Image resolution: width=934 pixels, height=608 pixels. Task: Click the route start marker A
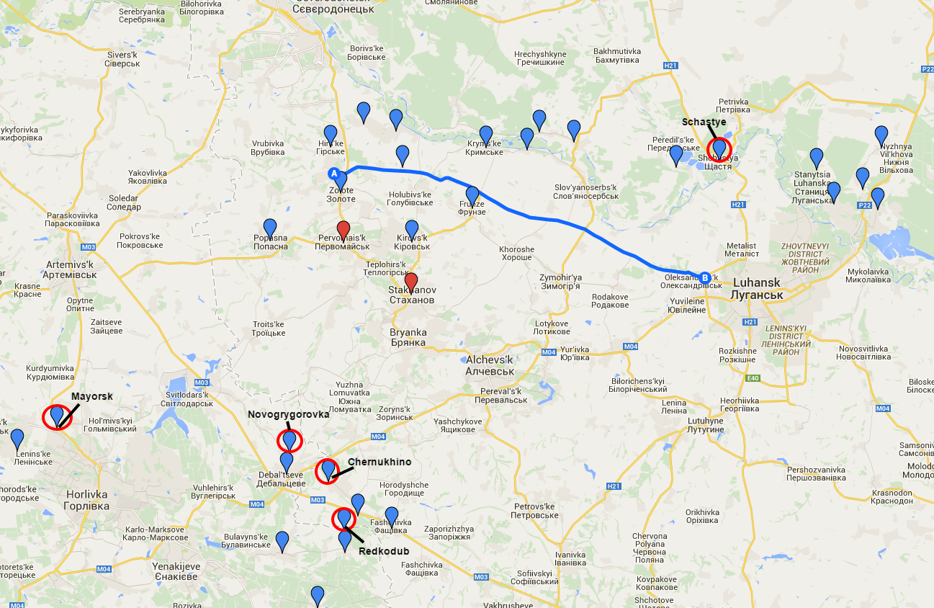tap(333, 173)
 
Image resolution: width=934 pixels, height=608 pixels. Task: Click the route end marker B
tap(705, 277)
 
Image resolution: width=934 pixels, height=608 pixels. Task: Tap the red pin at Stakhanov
tap(411, 282)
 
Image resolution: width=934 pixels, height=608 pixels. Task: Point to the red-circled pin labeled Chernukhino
tap(328, 470)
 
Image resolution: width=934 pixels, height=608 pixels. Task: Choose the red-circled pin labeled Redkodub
tap(344, 518)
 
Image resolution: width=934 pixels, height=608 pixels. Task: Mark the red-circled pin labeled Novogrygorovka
tap(289, 439)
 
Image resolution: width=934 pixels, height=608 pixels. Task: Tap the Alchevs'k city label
tap(490, 365)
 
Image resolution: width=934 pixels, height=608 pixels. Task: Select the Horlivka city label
tap(86, 500)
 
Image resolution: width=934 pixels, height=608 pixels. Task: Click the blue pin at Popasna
tap(270, 228)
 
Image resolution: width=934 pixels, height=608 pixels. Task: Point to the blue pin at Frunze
tap(472, 195)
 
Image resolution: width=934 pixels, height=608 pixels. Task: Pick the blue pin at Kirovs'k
tap(412, 230)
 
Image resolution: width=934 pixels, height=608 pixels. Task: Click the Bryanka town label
tap(408, 337)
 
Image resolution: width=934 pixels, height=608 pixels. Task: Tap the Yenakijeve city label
tap(176, 572)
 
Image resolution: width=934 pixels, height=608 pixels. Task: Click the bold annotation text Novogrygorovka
tap(288, 414)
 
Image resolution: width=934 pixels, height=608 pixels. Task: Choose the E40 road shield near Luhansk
tap(753, 377)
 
